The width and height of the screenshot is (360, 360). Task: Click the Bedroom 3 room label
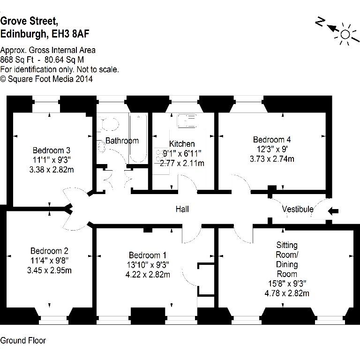[x=52, y=150]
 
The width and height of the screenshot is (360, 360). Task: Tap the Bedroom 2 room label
[x=49, y=251]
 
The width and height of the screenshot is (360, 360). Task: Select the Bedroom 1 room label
[x=148, y=255]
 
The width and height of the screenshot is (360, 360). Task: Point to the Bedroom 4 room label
[x=272, y=140]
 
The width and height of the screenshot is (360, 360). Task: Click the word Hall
[x=182, y=209]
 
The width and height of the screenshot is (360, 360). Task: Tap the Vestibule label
[x=298, y=209]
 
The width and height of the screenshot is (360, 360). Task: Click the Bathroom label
[x=122, y=141]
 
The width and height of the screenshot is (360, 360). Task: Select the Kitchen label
[x=182, y=144]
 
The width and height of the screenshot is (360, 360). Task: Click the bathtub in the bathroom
[x=138, y=138]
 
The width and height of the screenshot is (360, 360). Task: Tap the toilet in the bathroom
[x=109, y=124]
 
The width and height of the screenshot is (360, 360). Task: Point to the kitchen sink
[x=187, y=121]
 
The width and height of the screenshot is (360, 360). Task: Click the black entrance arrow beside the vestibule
[x=333, y=211]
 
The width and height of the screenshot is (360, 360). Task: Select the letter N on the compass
[x=320, y=22]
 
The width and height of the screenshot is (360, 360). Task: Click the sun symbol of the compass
[x=345, y=35]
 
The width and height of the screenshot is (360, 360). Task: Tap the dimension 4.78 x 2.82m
[x=287, y=293]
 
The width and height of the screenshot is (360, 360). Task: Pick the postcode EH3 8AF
[x=70, y=34]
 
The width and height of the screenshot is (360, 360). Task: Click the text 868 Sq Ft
[x=17, y=60]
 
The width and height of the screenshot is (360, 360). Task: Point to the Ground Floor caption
[x=23, y=340]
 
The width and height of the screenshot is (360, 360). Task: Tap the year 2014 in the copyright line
[x=84, y=79]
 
